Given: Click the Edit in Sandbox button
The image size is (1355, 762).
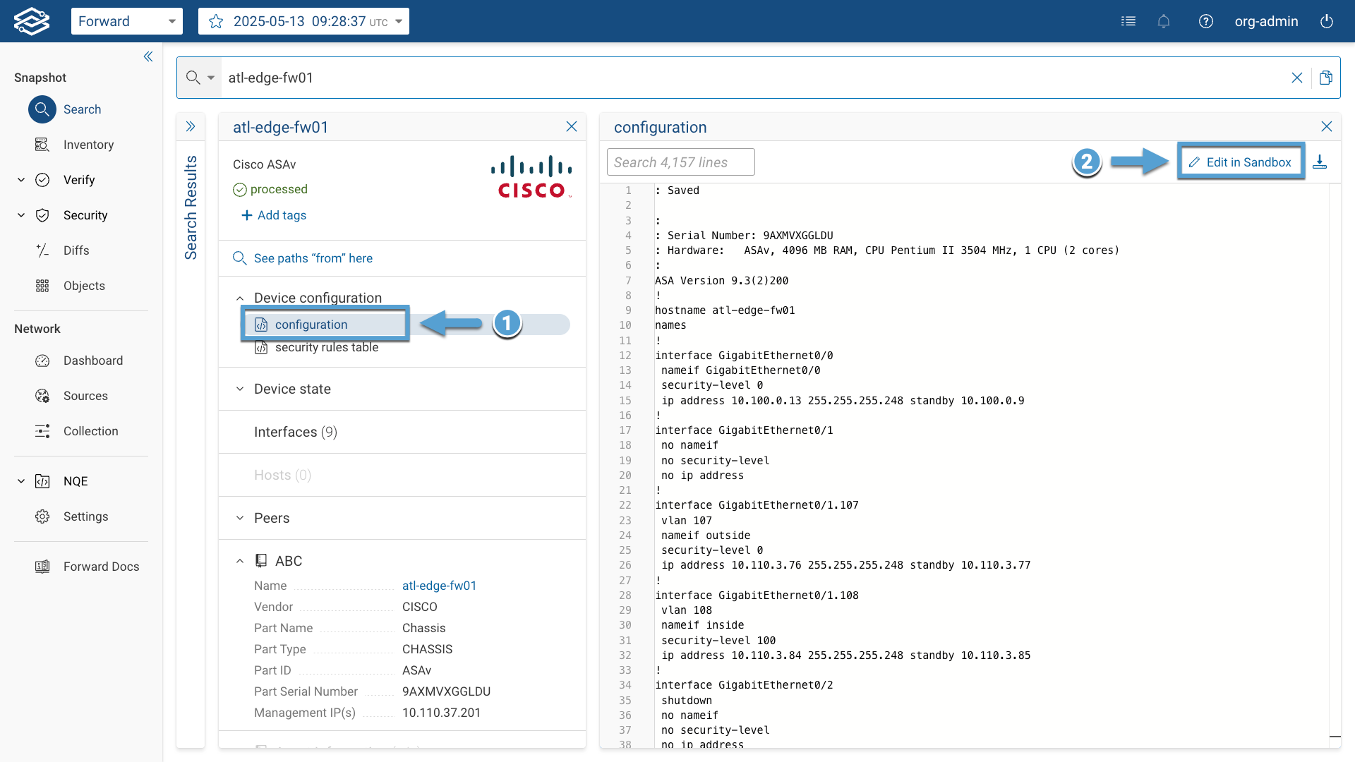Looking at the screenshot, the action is point(1240,162).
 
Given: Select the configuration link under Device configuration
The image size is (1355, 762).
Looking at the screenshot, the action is point(311,325).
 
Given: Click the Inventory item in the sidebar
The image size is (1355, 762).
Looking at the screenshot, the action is point(88,145).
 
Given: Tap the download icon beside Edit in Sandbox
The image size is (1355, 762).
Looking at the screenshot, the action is point(1320,162).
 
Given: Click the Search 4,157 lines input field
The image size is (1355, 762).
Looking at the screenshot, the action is point(680,162).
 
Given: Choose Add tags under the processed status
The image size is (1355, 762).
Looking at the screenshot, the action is point(274,215).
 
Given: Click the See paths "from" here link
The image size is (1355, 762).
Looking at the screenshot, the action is point(303,258).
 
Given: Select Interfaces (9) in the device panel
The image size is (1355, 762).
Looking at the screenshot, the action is point(296,432).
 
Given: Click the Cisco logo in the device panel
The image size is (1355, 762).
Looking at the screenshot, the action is point(532,176).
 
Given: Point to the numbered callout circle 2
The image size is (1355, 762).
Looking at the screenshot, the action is point(1087,162).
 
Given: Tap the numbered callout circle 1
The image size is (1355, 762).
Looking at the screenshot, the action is point(507,323).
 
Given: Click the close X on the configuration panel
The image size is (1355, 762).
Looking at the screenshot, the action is point(1327,126).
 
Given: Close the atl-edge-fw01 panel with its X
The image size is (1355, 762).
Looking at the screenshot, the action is point(572,126).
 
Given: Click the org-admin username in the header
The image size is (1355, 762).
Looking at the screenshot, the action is point(1266,21).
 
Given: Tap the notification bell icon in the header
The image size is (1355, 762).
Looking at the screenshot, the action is point(1164,21).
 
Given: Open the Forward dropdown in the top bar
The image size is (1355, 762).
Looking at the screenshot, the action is point(127,21).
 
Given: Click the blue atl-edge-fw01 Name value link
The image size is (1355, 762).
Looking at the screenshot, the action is point(439,586).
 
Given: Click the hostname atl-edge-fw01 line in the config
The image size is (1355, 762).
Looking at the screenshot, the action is point(725,310).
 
